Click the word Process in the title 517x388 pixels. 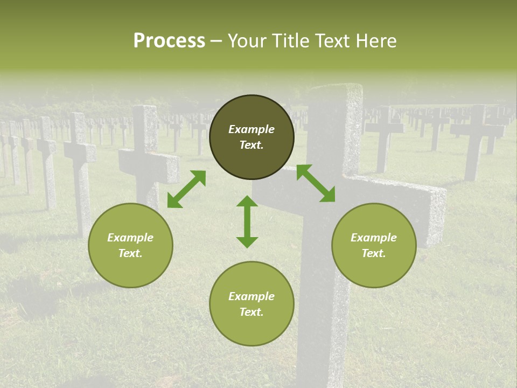(x=169, y=41)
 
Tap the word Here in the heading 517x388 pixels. (x=377, y=41)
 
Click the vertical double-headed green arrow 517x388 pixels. (x=247, y=221)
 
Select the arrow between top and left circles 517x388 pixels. (x=186, y=189)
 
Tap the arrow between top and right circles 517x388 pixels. (x=316, y=183)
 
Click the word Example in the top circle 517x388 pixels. (x=251, y=129)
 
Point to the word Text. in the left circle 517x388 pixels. (x=130, y=253)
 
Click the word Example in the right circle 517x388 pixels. (x=374, y=238)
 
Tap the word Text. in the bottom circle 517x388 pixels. (x=251, y=312)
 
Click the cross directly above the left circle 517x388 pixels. (x=146, y=156)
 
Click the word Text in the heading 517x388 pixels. (x=334, y=41)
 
